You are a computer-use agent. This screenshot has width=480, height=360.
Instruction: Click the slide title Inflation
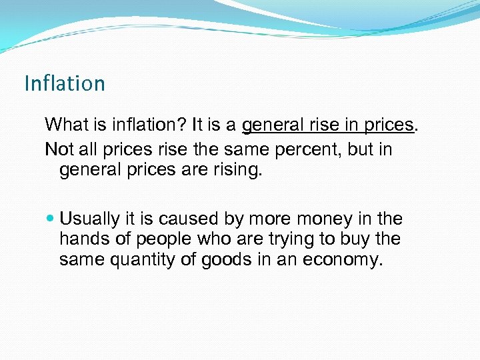pyautogui.click(x=65, y=83)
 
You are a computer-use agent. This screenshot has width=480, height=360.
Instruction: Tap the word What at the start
pyautogui.click(x=65, y=125)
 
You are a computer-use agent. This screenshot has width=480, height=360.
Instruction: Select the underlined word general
pyautogui.click(x=270, y=125)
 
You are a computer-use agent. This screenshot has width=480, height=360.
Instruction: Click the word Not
pyautogui.click(x=58, y=149)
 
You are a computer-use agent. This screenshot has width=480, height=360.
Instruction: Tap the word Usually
pyautogui.click(x=90, y=219)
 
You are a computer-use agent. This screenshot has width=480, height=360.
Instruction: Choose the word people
pyautogui.click(x=167, y=239)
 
